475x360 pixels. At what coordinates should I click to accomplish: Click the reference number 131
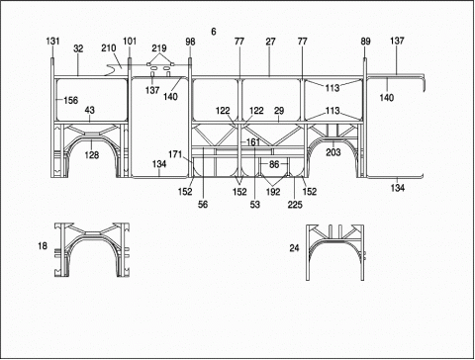click(52, 42)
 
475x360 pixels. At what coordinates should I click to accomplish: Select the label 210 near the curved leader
click(109, 48)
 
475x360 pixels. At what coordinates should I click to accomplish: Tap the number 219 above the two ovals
click(159, 48)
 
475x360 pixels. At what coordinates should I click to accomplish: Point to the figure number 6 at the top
click(214, 32)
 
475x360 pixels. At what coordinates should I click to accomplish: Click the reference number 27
click(270, 42)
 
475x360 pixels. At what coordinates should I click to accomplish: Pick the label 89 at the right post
click(365, 42)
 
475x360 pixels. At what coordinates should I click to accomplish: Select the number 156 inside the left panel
click(71, 100)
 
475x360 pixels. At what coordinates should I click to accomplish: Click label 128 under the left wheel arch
click(92, 154)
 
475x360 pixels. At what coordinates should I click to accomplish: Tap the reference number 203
click(333, 152)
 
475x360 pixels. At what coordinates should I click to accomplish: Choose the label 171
click(175, 154)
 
